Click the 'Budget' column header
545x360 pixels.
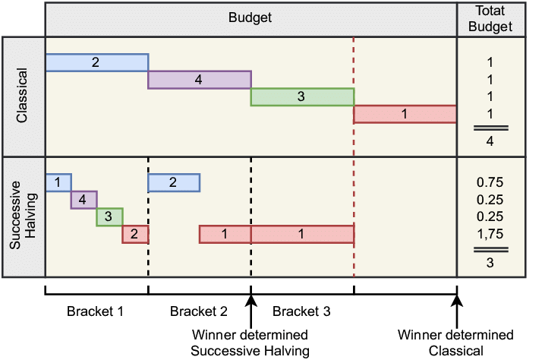tap(250, 18)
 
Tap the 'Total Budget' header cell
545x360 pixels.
tap(491, 19)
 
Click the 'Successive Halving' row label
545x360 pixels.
tap(22, 216)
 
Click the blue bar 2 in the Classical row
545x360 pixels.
tap(96, 62)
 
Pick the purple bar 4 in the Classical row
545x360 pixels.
tap(199, 80)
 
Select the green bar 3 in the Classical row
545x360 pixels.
tap(302, 97)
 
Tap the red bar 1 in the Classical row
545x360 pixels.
tap(405, 115)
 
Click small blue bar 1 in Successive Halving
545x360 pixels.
tap(58, 182)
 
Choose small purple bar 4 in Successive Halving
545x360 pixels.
tap(84, 200)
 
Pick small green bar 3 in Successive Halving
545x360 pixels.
tap(109, 217)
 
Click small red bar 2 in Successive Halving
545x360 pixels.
tap(135, 235)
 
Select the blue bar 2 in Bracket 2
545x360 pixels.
tap(174, 182)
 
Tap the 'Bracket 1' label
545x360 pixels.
tap(95, 311)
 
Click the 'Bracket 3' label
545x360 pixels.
tap(301, 311)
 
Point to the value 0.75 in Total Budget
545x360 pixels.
tap(490, 182)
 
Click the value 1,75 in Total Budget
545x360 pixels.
tap(490, 234)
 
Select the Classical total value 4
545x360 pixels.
tap(490, 141)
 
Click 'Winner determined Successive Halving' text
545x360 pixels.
tap(250, 343)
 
